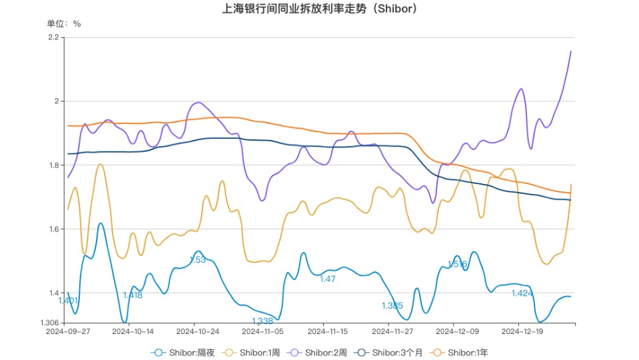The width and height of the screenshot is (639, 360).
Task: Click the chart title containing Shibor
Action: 320,9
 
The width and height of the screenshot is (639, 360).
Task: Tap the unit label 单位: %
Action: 64,23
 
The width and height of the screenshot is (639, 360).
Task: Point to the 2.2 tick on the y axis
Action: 53,37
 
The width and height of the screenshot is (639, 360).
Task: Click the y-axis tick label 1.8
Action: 53,165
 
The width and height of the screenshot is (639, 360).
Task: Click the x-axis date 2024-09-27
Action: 67,331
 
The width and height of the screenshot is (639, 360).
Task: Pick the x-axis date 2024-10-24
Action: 196,331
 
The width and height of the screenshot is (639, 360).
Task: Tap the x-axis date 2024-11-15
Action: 326,331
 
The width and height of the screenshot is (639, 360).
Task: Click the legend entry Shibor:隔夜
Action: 183,351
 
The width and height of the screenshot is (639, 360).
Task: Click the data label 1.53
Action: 198,260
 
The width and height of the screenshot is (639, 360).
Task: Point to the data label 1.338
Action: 263,321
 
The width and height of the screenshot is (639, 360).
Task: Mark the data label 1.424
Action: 522,293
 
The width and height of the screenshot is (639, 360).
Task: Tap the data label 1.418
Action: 133,295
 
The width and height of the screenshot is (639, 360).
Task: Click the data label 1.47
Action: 327,279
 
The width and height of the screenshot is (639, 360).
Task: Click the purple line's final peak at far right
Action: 570,51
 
